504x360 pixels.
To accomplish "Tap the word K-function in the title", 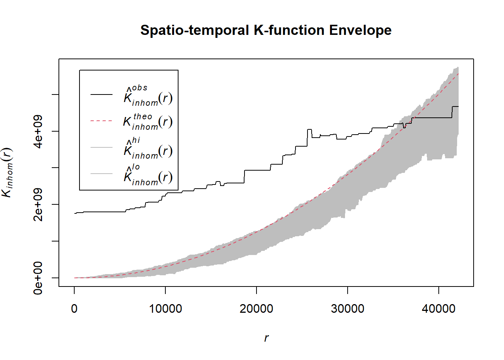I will coord(289,30).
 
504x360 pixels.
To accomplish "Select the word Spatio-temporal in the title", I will coord(195,30).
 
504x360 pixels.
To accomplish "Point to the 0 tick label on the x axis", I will coord(74,309).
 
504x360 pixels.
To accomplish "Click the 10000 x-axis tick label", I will coord(165,309).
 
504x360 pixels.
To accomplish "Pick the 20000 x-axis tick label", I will coord(256,309).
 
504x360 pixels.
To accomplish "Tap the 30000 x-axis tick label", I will coord(348,309).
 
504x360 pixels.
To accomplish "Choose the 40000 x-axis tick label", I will coord(438,309).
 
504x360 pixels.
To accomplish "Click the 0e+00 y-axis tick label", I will coord(38,278).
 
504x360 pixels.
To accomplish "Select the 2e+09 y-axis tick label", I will coord(38,204).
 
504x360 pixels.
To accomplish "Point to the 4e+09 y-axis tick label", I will coord(38,131).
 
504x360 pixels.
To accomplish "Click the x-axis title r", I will coord(266,338).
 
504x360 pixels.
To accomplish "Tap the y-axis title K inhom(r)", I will coord(7,172).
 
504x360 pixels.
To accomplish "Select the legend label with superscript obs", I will coord(148,96).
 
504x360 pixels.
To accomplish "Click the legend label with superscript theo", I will coord(148,121).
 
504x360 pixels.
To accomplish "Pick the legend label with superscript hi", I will coord(148,149).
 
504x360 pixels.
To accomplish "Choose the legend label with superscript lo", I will coord(148,175).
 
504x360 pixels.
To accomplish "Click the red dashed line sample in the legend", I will coord(101,121).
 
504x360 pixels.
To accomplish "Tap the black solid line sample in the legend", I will coord(101,94).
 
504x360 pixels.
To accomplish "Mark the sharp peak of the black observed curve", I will coord(309,130).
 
